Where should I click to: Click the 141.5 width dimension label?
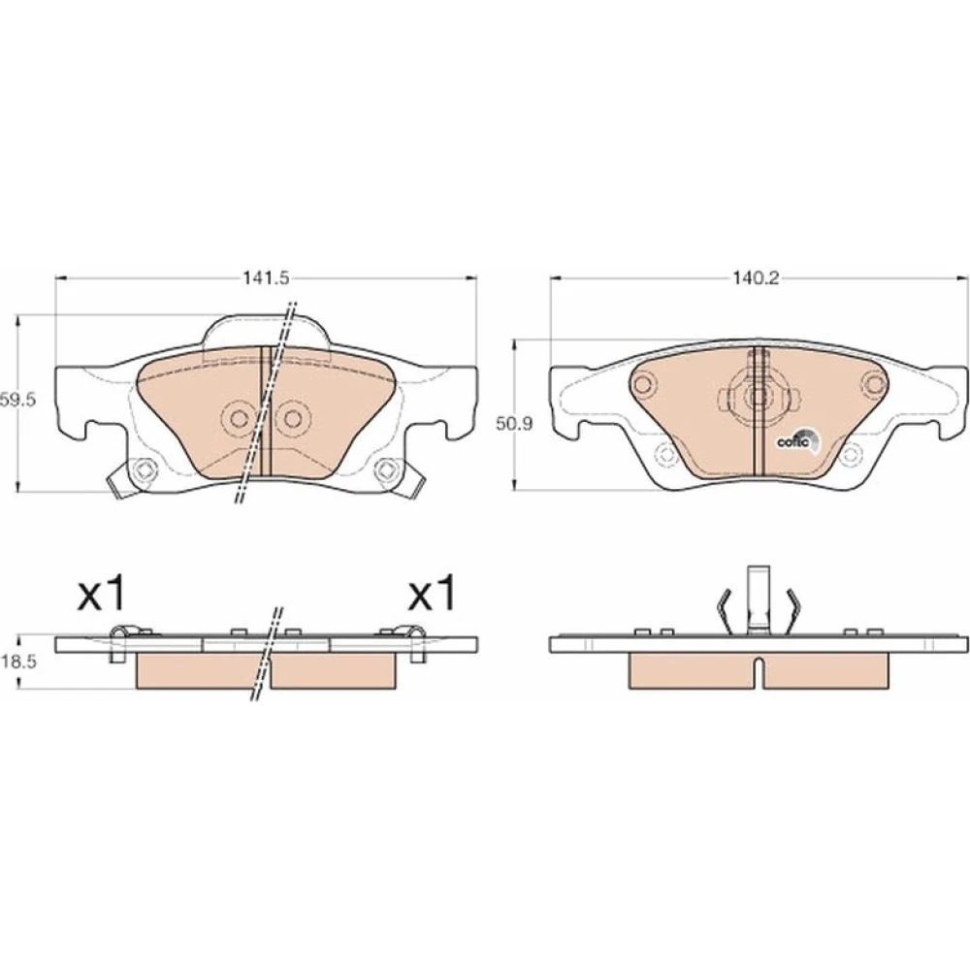coord(266,278)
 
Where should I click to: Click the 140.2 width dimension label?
coord(756,278)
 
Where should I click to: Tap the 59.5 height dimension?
coord(18,401)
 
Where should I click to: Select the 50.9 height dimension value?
coord(515,424)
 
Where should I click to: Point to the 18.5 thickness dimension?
coord(18,662)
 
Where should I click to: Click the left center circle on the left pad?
coord(239,419)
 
